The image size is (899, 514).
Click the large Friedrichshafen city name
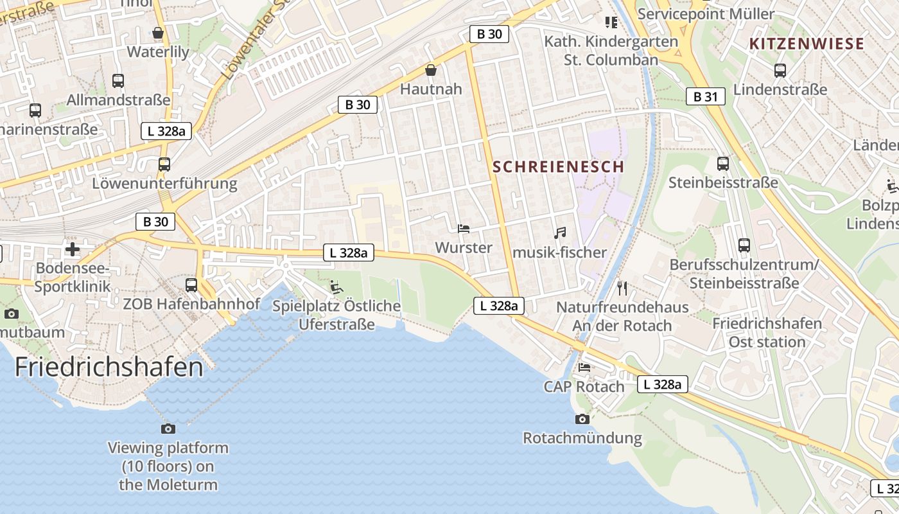[109, 367]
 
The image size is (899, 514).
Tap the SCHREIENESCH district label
[558, 166]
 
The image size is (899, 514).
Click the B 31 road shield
[705, 96]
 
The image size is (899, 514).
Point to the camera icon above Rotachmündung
[582, 419]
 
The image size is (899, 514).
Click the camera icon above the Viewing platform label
[168, 429]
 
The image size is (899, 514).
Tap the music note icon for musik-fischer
[560, 233]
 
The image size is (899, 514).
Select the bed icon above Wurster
[463, 229]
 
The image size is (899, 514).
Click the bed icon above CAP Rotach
[584, 368]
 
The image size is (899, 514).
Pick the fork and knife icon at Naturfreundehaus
[622, 288]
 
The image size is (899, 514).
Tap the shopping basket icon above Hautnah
[431, 69]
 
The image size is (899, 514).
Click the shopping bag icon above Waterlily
[158, 32]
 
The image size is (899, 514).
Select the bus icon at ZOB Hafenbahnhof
[191, 285]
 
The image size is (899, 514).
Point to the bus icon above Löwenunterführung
[164, 164]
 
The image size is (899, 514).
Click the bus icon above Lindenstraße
[780, 71]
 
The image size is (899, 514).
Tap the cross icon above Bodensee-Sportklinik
[73, 249]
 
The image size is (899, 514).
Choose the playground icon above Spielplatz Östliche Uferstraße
[336, 287]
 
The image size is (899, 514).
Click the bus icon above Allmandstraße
[118, 80]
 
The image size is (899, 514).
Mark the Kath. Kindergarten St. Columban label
[611, 50]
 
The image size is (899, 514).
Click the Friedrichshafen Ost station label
[767, 332]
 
